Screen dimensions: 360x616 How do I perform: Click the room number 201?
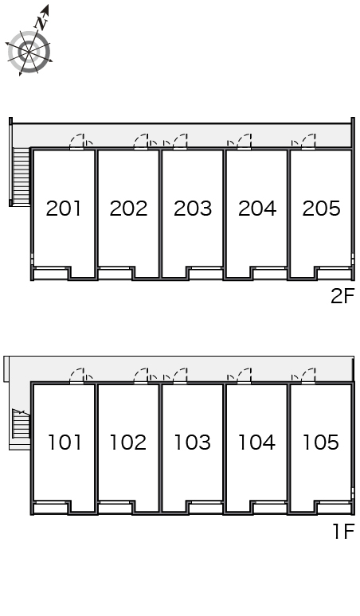(x=63, y=209)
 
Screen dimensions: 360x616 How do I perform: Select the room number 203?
(x=193, y=209)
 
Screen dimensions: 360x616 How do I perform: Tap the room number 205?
(x=321, y=209)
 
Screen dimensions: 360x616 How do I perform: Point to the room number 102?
(x=128, y=443)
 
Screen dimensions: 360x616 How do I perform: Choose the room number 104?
(x=256, y=443)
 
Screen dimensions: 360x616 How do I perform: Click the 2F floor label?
(x=342, y=296)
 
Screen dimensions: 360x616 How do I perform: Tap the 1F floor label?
(x=344, y=532)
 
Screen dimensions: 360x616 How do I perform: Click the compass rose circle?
(x=29, y=52)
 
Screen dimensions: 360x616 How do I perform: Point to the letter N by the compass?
(x=41, y=24)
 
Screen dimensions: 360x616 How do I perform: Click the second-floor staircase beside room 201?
(x=22, y=176)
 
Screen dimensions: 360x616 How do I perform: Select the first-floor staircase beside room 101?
(x=22, y=423)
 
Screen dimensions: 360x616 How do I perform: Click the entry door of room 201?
(x=77, y=142)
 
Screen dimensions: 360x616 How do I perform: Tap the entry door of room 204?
(x=244, y=142)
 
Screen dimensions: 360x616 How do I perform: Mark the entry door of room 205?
(x=308, y=142)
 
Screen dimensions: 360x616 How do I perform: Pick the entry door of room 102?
(x=141, y=376)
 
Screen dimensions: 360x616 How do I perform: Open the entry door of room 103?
(x=180, y=376)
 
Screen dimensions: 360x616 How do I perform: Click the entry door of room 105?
(x=308, y=376)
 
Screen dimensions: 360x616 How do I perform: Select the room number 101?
(x=65, y=443)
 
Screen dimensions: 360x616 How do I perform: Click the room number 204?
(x=257, y=209)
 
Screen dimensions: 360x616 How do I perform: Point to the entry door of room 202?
(x=141, y=142)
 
